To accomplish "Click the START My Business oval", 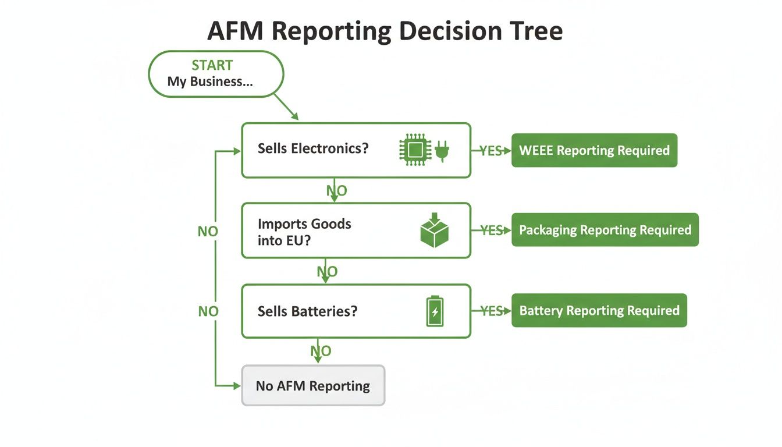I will tap(216, 74).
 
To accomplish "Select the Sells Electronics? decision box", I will tap(356, 150).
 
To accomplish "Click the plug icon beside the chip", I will tap(442, 150).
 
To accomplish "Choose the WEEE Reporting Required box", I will tap(594, 150).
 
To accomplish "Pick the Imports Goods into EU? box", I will tap(356, 230).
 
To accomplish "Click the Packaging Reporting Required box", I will tap(605, 230).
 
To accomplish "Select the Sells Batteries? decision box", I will tap(356, 311).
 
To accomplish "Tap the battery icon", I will tap(435, 311).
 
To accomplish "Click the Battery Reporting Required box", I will tap(599, 310).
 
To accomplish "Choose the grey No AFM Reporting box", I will tap(313, 385).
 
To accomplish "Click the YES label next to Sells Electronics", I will tap(490, 151).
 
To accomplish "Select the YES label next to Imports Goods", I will tap(491, 230).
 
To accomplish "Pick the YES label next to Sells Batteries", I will tap(491, 311).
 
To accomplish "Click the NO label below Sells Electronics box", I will tap(336, 190).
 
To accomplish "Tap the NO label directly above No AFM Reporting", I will tap(321, 351).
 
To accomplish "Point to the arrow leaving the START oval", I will tap(286, 107).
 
